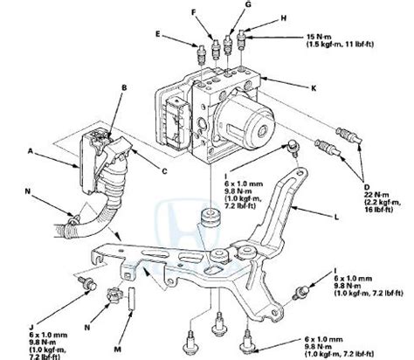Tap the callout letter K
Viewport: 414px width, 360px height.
(310, 87)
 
